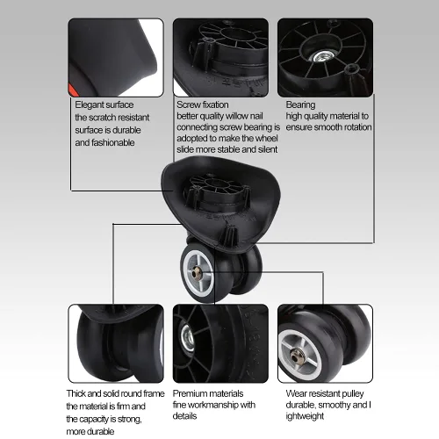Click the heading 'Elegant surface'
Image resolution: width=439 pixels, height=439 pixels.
point(104,104)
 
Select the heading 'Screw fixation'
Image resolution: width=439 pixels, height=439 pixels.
point(203,104)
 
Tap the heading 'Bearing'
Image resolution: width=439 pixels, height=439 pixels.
point(300,104)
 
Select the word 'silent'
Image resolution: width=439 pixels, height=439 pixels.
point(268,149)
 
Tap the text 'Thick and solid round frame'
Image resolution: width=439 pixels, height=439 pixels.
point(115,393)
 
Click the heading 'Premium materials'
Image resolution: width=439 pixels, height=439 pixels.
point(208,393)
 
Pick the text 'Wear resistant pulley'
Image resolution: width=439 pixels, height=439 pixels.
point(325,393)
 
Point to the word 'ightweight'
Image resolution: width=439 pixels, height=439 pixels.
point(305,416)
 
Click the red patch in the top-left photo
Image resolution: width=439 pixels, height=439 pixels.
point(72,89)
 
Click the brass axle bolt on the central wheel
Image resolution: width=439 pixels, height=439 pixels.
point(195,274)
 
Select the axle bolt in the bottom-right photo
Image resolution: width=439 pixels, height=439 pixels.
point(296,356)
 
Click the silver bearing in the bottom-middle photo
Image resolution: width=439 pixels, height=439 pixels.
point(187,337)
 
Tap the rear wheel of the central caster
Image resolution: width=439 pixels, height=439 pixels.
point(248,270)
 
